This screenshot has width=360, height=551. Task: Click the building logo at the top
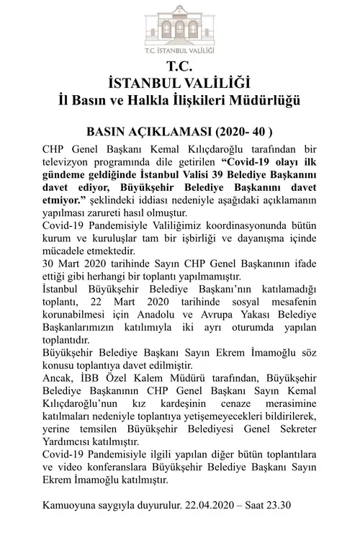click(x=179, y=27)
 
